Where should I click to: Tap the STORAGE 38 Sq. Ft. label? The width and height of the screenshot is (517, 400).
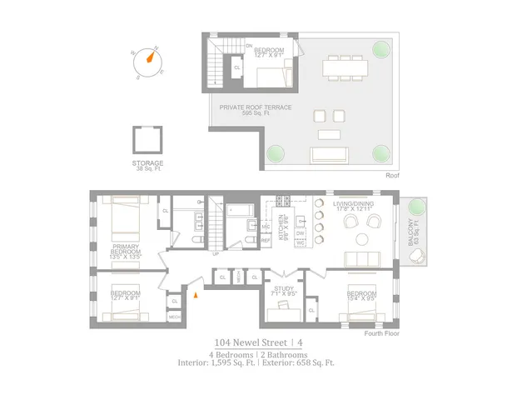147,166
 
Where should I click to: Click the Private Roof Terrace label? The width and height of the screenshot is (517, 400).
256,110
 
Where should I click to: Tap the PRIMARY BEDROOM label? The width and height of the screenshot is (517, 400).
125,252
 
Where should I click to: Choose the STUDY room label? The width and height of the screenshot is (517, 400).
284,292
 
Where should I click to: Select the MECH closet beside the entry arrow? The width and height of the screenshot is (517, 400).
175,317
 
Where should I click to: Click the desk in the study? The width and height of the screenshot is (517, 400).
283,307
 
